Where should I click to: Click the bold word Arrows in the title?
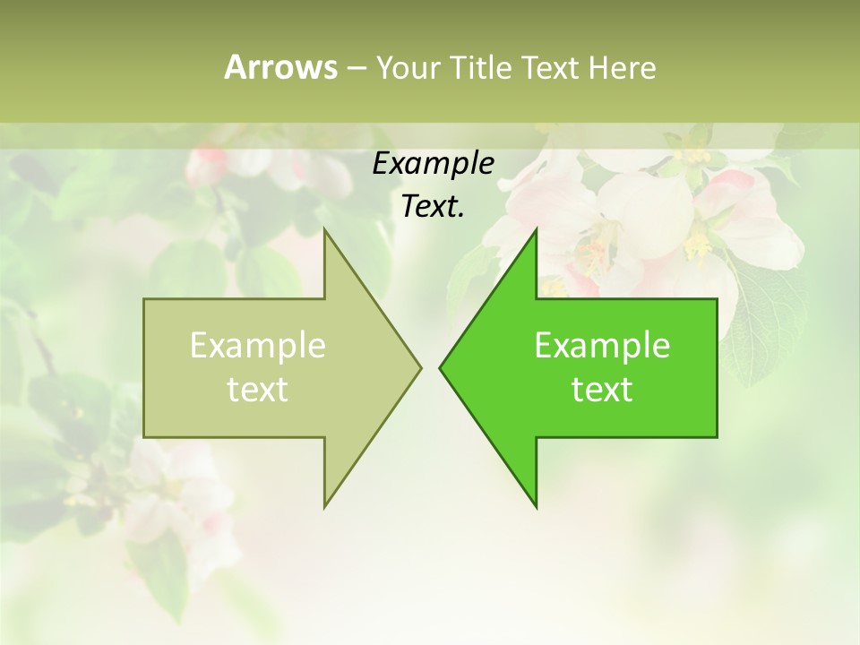coord(280,67)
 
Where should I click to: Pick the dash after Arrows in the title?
coord(356,68)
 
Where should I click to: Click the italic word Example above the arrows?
coord(433,163)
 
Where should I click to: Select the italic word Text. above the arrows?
coord(433,206)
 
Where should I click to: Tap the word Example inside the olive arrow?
coord(258,346)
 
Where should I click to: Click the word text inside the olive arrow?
coord(258,390)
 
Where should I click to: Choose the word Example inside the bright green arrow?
coord(602,346)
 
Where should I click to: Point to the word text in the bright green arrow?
coord(602,390)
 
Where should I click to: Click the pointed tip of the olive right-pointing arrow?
coord(420,367)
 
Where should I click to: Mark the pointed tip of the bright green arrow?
coord(441,367)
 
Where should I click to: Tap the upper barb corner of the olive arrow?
coord(325,231)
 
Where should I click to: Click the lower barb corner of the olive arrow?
coord(325,506)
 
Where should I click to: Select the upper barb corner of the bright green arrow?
coord(536,231)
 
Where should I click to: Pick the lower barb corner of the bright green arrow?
coord(536,506)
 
